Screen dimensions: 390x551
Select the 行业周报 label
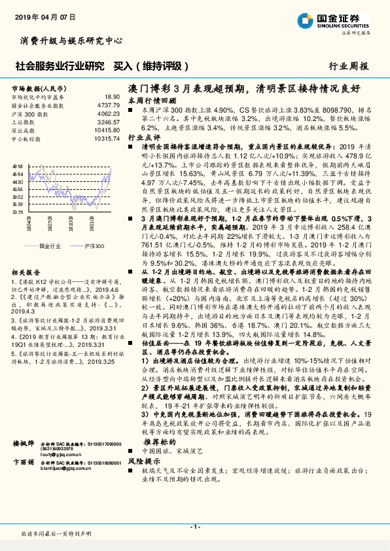pyautogui.click(x=348, y=66)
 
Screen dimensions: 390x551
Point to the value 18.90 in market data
pyautogui.click(x=112, y=96)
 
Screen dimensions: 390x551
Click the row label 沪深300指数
pyautogui.click(x=30, y=113)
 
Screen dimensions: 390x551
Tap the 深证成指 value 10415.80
pyautogui.click(x=107, y=130)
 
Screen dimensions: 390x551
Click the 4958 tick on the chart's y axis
pyautogui.click(x=18, y=168)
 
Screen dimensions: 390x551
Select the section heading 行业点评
pyautogui.click(x=144, y=138)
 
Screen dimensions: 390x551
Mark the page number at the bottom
pyautogui.click(x=194, y=527)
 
